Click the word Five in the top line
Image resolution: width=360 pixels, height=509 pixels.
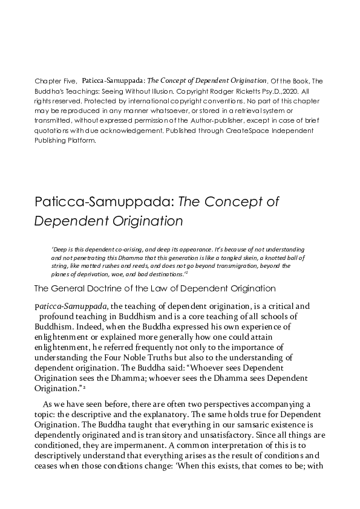(x=67, y=80)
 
